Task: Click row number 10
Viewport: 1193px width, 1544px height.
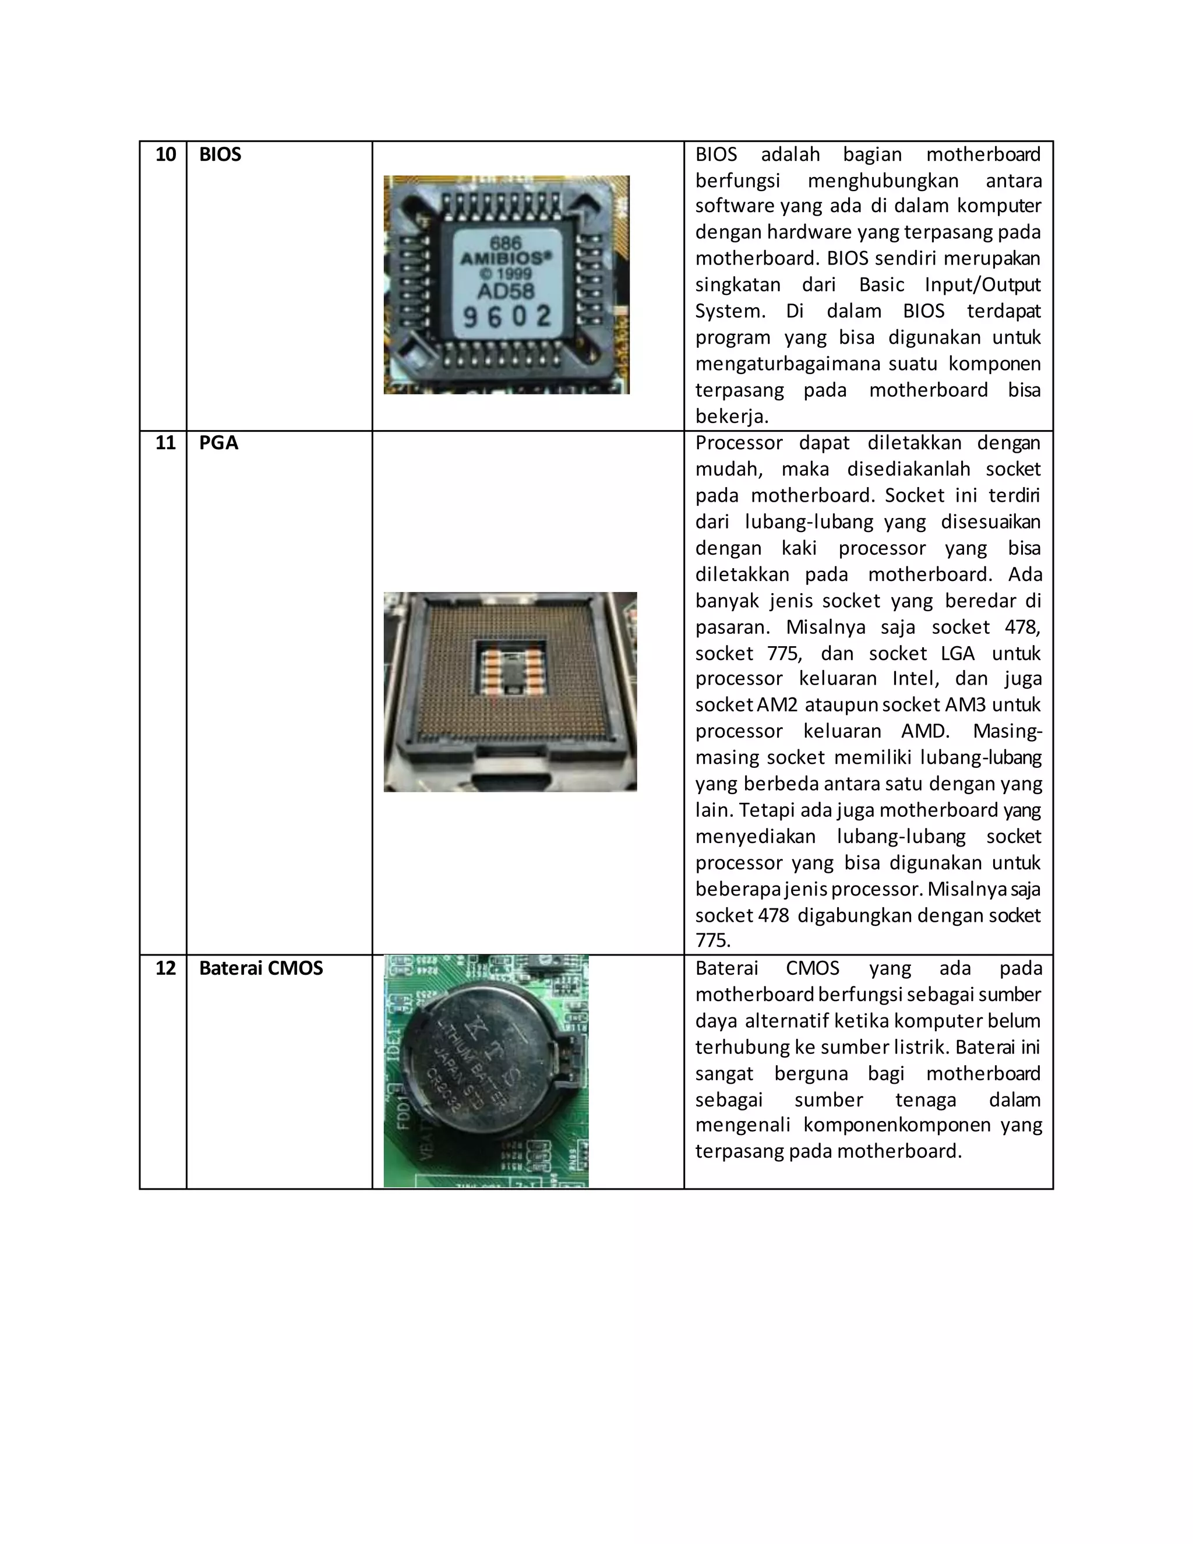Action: coord(165,155)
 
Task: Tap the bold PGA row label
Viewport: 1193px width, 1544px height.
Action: coord(218,443)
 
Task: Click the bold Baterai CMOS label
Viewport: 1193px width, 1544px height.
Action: coord(261,968)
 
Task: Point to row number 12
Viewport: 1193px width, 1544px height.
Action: coord(165,968)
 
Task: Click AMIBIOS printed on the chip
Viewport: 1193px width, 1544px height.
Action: coord(504,258)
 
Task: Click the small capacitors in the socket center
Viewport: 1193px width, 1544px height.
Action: coord(510,673)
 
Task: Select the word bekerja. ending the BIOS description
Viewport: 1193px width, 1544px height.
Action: coord(732,417)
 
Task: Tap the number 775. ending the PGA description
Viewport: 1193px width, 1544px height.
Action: coord(712,941)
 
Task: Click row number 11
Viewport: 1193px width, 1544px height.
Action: coord(165,443)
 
